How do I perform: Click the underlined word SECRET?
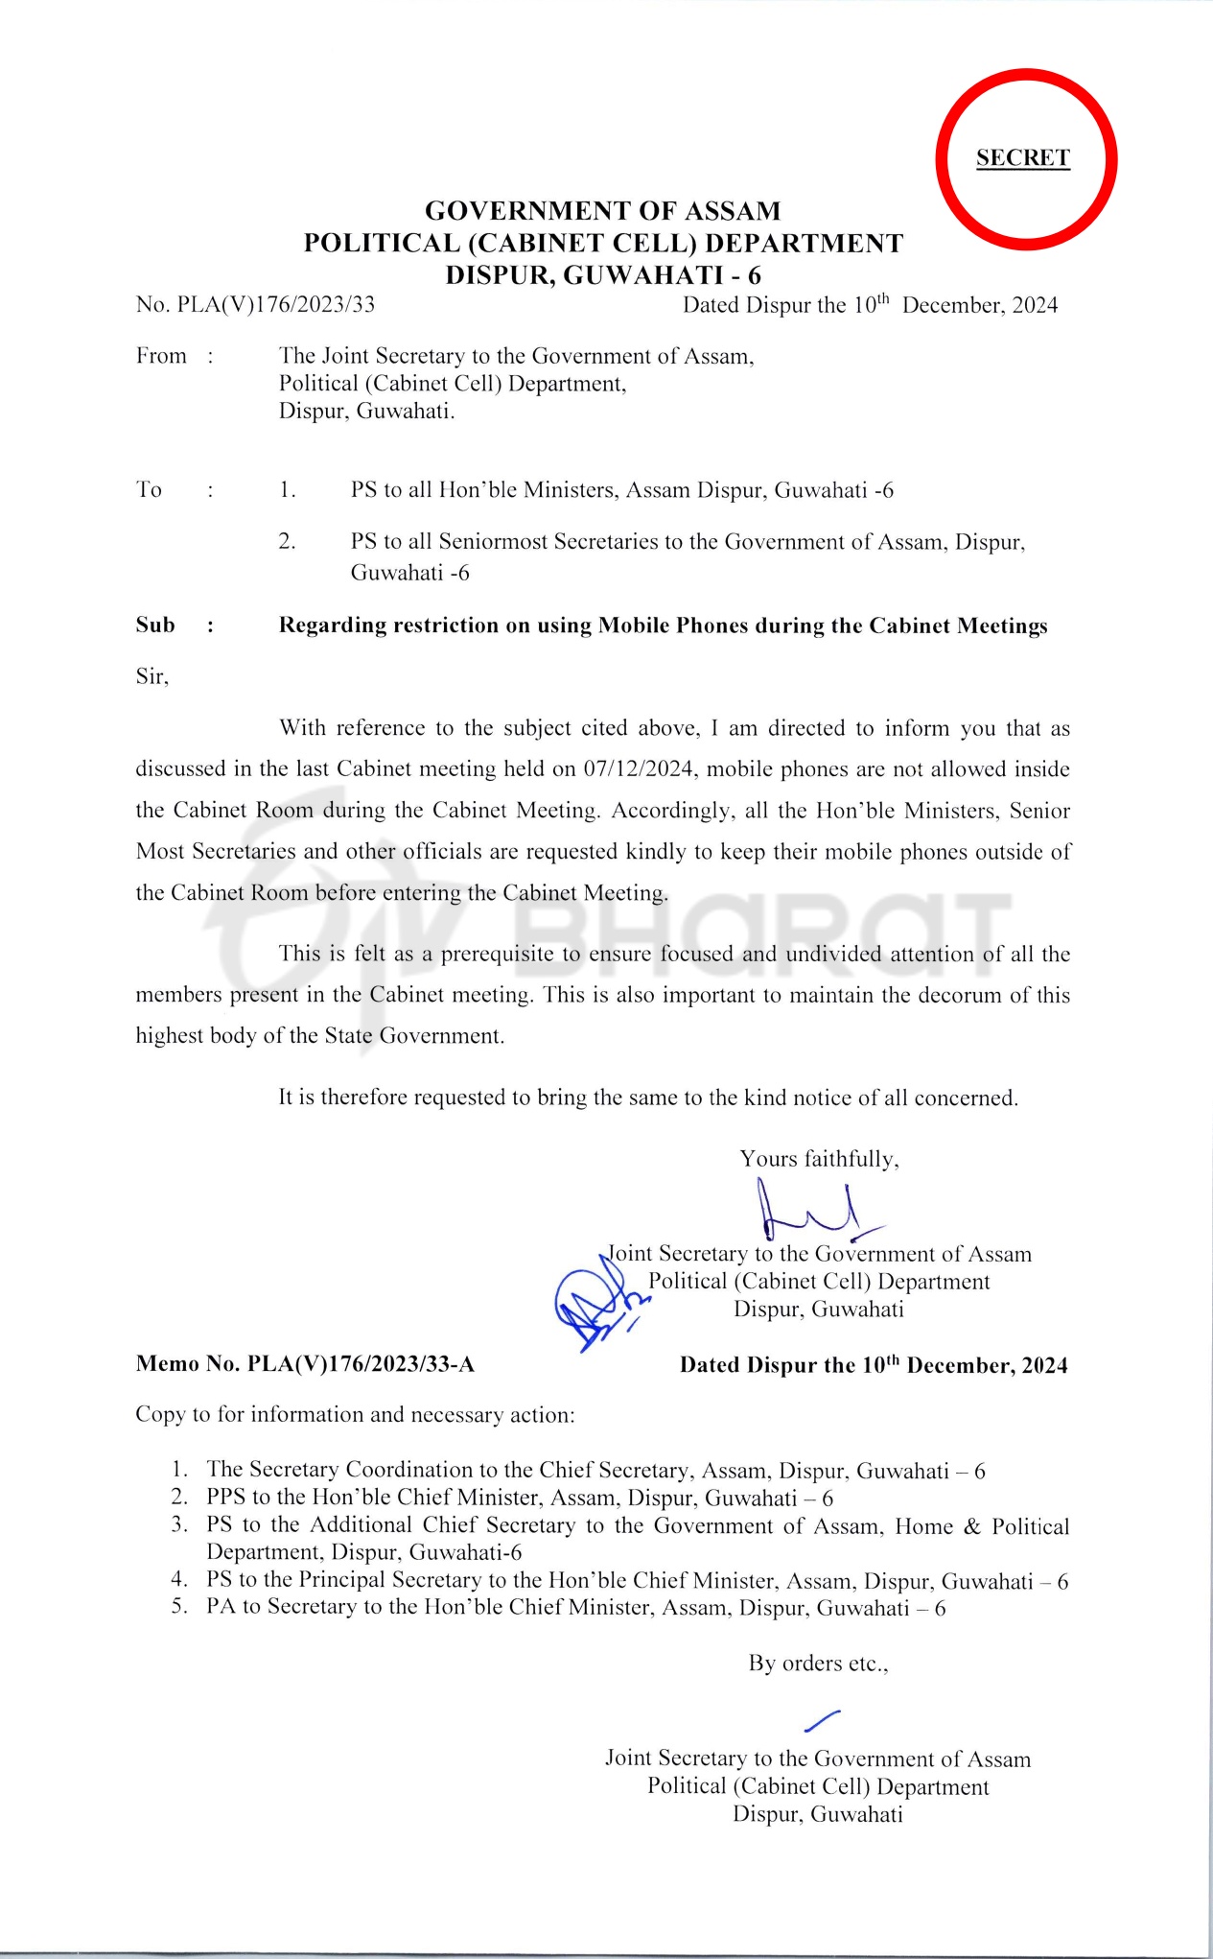pos(1022,158)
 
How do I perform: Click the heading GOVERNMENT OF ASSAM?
pos(602,211)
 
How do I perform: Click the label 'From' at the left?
pos(161,356)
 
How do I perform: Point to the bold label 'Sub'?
pos(155,625)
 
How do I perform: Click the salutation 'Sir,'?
pos(152,677)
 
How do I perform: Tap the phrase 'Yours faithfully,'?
pos(819,1159)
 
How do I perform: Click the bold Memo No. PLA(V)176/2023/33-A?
pos(305,1364)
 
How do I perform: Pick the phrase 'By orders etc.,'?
pos(818,1664)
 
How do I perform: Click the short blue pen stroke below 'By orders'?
pos(822,1721)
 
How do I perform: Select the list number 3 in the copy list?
pos(179,1525)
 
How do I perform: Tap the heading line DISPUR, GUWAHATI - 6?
pos(602,275)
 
